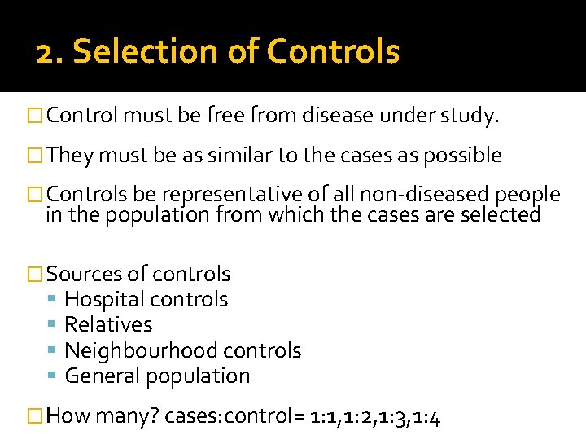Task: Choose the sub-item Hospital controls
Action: [146, 299]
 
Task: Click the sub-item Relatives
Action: [108, 324]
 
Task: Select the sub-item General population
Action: [157, 376]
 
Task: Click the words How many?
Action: [103, 417]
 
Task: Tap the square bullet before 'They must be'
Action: [35, 156]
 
